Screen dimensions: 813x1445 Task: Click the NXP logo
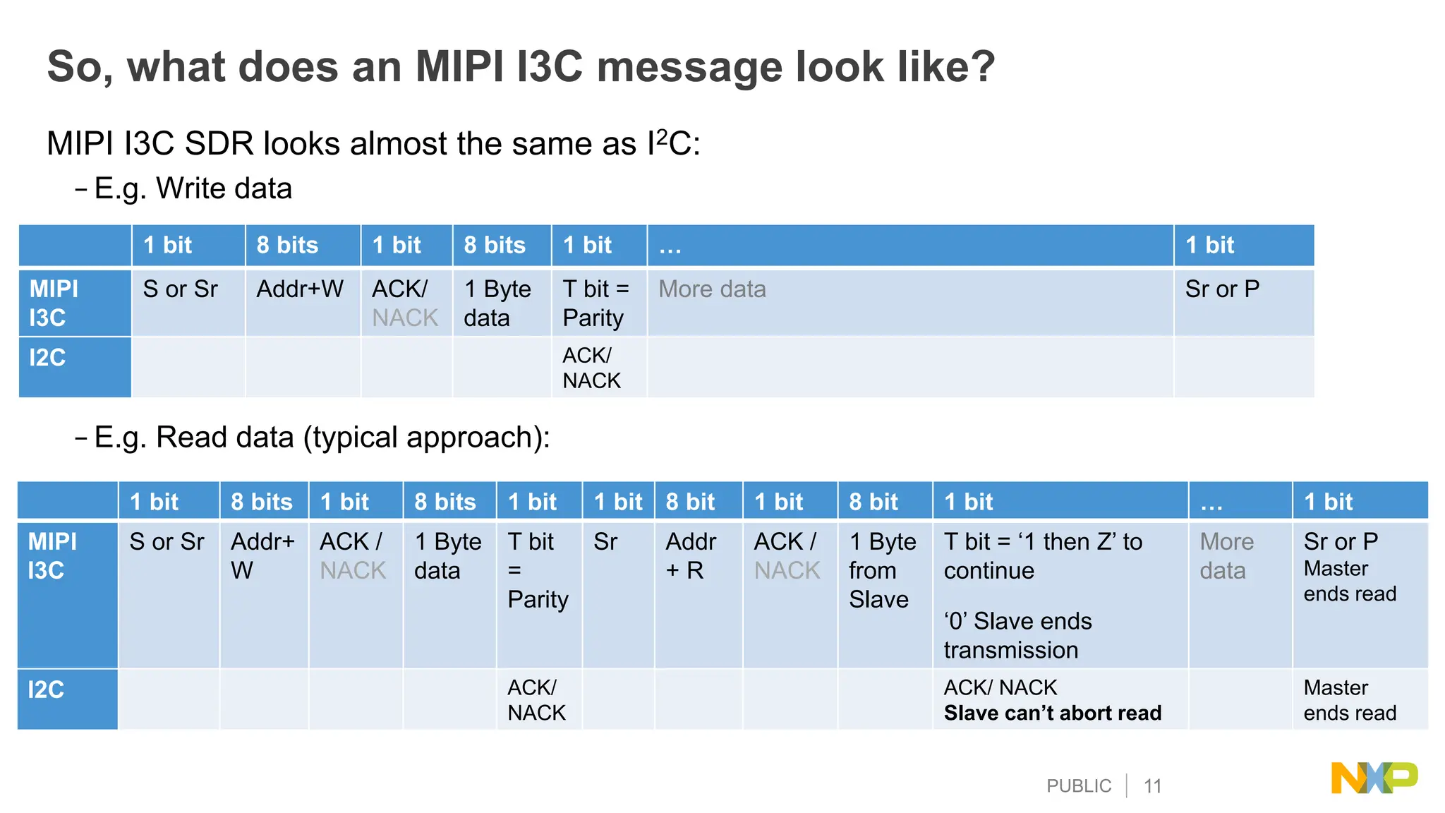(x=1373, y=778)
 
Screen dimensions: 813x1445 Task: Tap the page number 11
(x=1152, y=786)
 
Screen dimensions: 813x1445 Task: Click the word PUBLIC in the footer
(x=1078, y=786)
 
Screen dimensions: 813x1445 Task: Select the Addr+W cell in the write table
(x=300, y=289)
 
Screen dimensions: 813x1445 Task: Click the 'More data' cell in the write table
(x=712, y=289)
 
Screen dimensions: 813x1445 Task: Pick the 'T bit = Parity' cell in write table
(x=595, y=303)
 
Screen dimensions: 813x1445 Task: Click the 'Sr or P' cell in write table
(x=1222, y=289)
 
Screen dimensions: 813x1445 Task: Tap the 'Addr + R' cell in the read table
(x=690, y=556)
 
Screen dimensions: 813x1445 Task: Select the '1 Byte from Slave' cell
(x=882, y=570)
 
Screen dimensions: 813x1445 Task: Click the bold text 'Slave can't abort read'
(x=1052, y=713)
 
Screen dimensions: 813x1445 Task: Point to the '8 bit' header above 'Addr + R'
(x=690, y=502)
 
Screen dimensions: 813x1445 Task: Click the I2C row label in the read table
(x=47, y=689)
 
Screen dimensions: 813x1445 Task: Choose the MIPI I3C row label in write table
(x=54, y=303)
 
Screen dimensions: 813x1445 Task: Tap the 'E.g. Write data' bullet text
(x=193, y=188)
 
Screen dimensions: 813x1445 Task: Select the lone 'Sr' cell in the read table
(x=605, y=542)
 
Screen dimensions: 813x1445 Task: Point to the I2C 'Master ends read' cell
(x=1349, y=700)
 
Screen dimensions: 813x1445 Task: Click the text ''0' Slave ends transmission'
(x=1017, y=635)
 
